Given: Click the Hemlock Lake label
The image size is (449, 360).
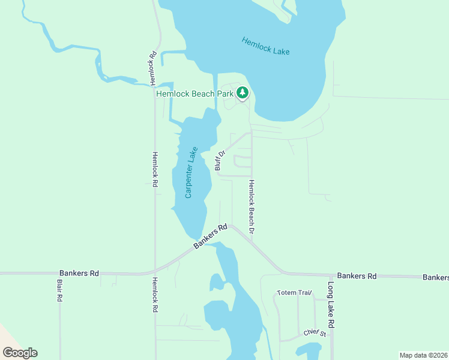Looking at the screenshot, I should pos(265,46).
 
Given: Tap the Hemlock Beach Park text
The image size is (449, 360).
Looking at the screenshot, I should pos(194,94).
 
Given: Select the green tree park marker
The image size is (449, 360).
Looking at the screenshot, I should pos(243,92).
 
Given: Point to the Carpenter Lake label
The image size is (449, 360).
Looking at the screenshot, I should pos(191,172).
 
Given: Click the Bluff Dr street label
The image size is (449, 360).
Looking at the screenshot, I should pos(220,160).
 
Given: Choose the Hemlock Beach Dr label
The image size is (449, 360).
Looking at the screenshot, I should pos(252,206).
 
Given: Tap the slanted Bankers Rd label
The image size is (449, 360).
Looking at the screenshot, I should pos(211,236).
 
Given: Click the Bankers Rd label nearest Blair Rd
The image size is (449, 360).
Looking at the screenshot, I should pos(79,273).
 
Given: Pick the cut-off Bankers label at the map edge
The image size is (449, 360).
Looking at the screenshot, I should pos(436,277).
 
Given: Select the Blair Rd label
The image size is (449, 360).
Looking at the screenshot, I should pos(59,290).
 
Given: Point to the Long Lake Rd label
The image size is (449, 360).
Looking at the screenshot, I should pos(331,305).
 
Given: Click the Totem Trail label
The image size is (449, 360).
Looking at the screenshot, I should pos(294,293).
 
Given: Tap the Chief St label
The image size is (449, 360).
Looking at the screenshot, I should pos(314,333).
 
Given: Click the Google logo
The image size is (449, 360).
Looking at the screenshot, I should pos(20,353).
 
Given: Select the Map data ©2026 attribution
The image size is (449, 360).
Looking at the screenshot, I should pos(424,355).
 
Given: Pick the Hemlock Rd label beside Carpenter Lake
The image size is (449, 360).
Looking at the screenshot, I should pos(154,169).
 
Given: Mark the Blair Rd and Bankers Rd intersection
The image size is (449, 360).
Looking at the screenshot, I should pos(59,273).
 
